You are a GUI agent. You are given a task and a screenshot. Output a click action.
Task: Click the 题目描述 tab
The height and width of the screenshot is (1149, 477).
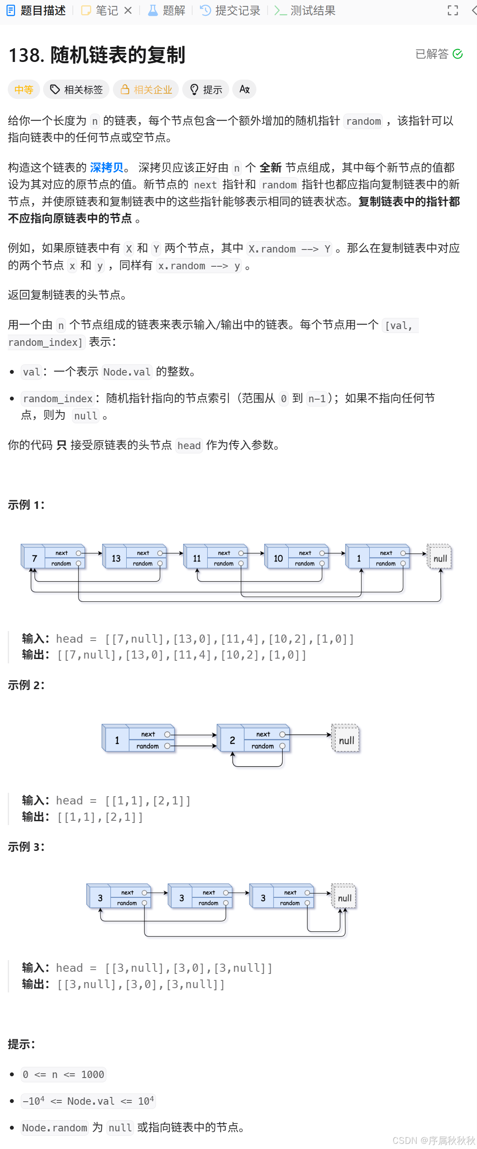(x=37, y=11)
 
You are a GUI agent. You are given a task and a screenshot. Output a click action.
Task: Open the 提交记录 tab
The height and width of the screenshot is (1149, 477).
(x=231, y=11)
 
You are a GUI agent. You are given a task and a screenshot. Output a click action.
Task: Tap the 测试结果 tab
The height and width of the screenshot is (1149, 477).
(x=306, y=11)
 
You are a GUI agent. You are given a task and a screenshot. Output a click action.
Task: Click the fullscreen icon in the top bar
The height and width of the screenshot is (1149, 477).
(x=453, y=11)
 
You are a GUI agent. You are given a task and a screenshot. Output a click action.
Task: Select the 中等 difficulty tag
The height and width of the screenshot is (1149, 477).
(x=24, y=89)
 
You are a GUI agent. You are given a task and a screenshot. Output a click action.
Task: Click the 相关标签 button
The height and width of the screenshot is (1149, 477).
(x=76, y=89)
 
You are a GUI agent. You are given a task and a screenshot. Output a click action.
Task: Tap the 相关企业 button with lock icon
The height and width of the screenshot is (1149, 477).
(x=146, y=89)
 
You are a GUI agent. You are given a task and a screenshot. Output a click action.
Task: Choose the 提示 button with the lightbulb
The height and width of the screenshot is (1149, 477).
(x=206, y=89)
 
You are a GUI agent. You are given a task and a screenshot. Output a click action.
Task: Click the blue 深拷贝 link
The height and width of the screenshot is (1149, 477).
(x=106, y=168)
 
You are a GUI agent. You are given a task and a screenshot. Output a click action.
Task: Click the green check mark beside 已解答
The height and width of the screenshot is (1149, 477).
(x=458, y=54)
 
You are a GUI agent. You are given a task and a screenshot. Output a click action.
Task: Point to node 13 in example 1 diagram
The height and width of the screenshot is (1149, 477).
(x=116, y=558)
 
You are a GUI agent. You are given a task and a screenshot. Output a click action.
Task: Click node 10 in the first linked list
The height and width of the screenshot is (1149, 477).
(x=278, y=558)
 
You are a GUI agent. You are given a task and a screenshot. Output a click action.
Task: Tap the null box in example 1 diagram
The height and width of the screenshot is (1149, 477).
(x=440, y=558)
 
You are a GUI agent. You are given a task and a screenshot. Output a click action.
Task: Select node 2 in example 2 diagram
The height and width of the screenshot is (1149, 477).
(x=232, y=740)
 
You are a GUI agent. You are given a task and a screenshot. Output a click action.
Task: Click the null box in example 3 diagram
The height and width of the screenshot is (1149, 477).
(x=344, y=898)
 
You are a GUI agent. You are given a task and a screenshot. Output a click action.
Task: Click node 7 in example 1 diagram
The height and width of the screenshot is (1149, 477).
(x=34, y=558)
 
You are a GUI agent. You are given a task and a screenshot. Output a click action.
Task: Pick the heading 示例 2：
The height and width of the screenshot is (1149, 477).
(x=26, y=685)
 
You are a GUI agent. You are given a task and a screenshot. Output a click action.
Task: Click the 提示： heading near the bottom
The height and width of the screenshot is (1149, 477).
(x=21, y=1044)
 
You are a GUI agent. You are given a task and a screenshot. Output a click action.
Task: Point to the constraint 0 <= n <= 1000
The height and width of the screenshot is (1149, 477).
(x=63, y=1075)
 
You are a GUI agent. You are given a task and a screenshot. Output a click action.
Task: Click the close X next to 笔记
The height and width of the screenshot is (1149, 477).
(x=128, y=11)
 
